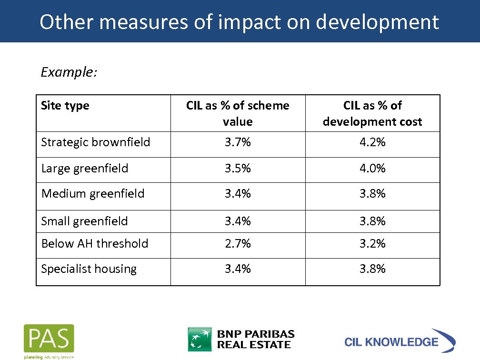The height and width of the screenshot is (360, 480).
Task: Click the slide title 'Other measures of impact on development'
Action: click(239, 22)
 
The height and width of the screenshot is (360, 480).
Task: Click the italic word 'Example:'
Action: click(69, 72)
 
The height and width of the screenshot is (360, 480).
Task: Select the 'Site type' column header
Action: click(65, 105)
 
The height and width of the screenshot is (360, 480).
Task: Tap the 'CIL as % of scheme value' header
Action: click(238, 113)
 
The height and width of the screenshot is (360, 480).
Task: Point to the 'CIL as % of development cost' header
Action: click(372, 113)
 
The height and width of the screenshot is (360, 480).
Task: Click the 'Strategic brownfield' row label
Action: click(96, 142)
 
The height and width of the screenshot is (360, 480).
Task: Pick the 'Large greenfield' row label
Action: click(85, 168)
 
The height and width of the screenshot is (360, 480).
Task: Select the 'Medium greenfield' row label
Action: click(93, 193)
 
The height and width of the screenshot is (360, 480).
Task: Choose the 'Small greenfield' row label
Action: click(85, 221)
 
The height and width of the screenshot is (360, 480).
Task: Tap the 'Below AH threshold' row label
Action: click(95, 243)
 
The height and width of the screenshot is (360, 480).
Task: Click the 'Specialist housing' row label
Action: click(89, 269)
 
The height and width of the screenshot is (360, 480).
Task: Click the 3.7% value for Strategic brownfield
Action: click(238, 142)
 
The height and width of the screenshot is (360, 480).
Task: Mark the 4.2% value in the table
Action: click(372, 142)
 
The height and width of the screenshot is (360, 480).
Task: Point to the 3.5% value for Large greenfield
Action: click(238, 168)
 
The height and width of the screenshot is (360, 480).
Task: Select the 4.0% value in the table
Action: click(372, 168)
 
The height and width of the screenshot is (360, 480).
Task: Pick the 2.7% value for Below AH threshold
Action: click(238, 243)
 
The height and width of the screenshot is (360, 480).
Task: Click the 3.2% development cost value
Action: click(372, 243)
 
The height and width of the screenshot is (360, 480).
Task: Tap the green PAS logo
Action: click(49, 340)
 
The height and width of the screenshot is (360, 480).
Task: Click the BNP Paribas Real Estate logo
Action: click(241, 339)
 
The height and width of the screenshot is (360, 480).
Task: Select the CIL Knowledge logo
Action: click(400, 341)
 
